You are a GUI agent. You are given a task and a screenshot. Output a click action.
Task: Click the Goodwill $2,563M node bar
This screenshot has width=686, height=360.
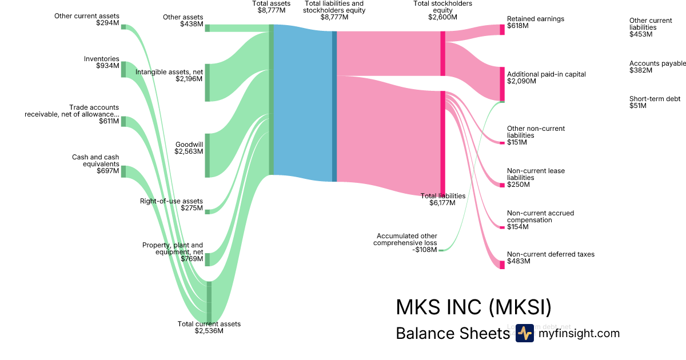point(207,155)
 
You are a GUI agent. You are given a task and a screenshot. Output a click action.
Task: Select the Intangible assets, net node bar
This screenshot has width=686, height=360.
point(207,82)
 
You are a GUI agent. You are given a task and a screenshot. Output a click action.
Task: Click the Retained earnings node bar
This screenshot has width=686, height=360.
point(502,30)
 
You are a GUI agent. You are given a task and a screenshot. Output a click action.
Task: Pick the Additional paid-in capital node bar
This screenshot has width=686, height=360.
point(502,84)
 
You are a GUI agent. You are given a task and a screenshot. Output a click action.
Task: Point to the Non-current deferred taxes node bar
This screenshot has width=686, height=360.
point(502,265)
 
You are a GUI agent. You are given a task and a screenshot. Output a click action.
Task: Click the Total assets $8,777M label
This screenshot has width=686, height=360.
point(272,7)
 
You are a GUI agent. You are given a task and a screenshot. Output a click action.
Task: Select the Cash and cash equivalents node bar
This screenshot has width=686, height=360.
point(123,171)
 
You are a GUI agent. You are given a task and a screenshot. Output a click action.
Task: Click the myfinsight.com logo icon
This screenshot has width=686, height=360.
point(524,333)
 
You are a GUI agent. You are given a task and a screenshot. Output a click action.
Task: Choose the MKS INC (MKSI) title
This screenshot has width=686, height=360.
point(473,307)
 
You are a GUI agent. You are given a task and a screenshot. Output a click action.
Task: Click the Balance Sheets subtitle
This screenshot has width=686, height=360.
point(452,334)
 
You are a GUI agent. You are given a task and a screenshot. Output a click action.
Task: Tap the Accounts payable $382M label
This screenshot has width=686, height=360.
point(656,67)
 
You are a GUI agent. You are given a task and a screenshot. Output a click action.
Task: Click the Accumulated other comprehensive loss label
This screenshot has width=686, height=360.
point(406,243)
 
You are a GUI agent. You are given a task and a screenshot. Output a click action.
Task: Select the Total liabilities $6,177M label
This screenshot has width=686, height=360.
point(443,199)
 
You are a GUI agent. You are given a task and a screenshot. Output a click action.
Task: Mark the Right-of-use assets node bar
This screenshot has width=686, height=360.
point(207,211)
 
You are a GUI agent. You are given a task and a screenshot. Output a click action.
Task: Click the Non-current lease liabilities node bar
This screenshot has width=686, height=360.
point(502,185)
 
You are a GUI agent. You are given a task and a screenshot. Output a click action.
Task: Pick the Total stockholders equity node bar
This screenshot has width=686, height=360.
point(443,53)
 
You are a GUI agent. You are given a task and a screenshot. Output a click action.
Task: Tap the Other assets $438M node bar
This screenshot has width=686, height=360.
point(207,28)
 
